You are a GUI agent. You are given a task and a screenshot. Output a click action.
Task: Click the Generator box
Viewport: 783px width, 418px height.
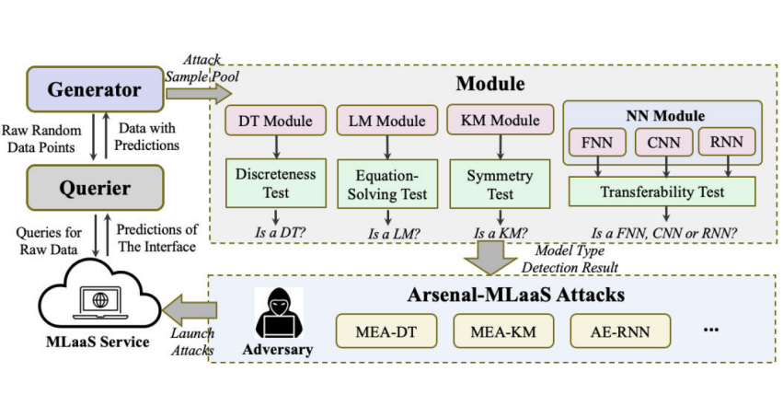coord(95,89)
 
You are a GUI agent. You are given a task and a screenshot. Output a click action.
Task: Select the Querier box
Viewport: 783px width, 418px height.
coord(95,188)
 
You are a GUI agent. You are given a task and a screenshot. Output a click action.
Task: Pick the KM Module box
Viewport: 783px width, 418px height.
coord(500,121)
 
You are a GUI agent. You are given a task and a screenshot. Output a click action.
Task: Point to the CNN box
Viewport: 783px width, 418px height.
coord(663,142)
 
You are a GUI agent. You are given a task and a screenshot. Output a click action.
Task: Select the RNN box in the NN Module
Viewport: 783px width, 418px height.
coord(727,142)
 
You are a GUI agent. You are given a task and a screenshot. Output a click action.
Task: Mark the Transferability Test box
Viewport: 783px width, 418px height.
coord(662,192)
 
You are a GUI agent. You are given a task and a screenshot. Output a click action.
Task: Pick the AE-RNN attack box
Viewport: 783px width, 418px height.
coord(615,329)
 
